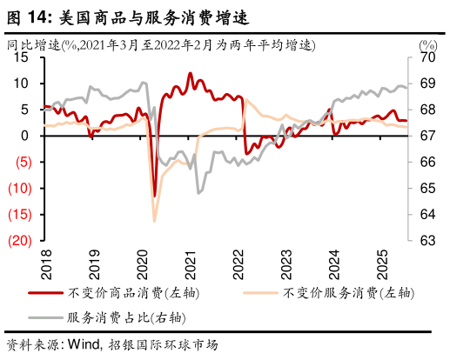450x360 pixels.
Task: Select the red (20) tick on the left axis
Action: tap(21, 241)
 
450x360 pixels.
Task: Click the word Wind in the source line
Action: tap(79, 345)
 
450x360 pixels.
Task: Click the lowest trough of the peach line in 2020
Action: tap(154, 221)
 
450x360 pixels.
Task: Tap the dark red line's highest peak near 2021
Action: tap(191, 74)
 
